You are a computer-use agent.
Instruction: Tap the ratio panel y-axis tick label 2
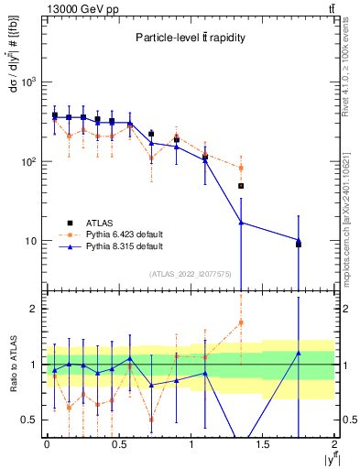[x=36, y=309]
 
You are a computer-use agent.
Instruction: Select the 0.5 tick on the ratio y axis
[x=32, y=420]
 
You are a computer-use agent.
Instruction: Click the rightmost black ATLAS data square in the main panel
[x=299, y=244]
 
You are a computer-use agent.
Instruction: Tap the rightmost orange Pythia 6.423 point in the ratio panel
[x=241, y=322]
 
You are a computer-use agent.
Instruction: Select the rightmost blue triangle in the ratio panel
[x=299, y=353]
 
